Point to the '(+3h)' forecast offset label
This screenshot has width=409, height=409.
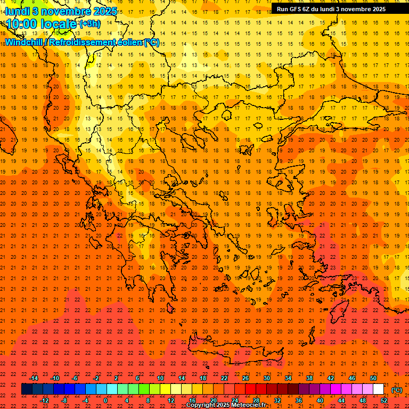click(x=89, y=24)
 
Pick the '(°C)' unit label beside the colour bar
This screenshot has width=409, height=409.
click(x=397, y=390)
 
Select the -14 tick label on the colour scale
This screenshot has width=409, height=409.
click(x=34, y=378)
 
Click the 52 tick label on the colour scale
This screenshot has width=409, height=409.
click(x=384, y=400)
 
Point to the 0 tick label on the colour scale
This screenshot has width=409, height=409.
click(x=105, y=400)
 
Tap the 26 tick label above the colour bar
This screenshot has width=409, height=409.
click(x=246, y=378)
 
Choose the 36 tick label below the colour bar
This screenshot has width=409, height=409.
click(x=299, y=400)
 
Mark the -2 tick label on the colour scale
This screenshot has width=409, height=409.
click(x=96, y=378)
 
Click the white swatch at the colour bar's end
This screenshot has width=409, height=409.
click(x=379, y=389)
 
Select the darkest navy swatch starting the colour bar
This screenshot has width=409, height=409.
click(x=27, y=389)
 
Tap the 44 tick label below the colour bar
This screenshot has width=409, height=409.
click(x=341, y=400)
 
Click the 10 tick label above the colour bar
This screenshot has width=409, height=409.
click(x=160, y=378)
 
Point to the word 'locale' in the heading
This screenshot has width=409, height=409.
click(x=59, y=24)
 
